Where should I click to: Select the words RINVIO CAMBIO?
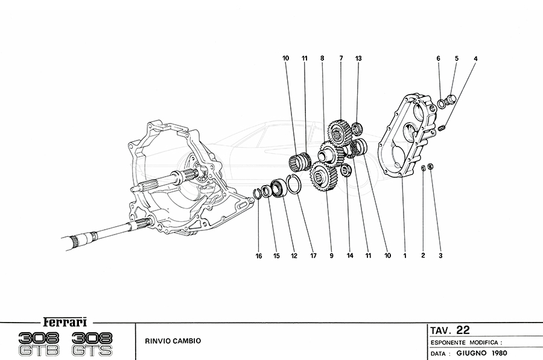click(173, 341)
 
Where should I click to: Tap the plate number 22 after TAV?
click(463, 330)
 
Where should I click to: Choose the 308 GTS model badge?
click(91, 343)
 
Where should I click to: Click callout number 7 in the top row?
click(341, 58)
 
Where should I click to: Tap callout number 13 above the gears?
click(358, 58)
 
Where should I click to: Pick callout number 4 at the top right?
click(475, 58)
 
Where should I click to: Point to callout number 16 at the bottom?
click(259, 256)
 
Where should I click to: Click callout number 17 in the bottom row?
click(313, 256)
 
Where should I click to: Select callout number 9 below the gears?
click(331, 256)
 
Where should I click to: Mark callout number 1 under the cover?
click(405, 256)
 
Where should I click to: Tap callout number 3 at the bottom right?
click(440, 256)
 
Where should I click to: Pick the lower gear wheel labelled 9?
click(323, 178)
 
